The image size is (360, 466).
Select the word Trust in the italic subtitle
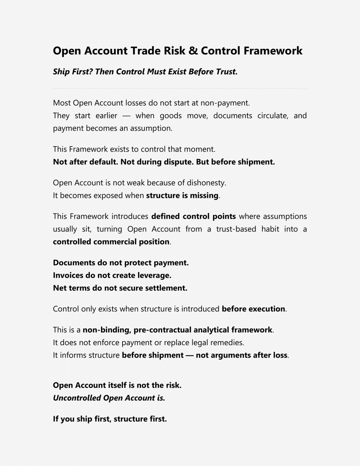click(x=227, y=72)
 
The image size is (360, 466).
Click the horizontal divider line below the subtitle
click(x=180, y=88)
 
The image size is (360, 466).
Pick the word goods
click(x=171, y=116)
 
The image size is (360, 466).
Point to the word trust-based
click(x=236, y=229)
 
